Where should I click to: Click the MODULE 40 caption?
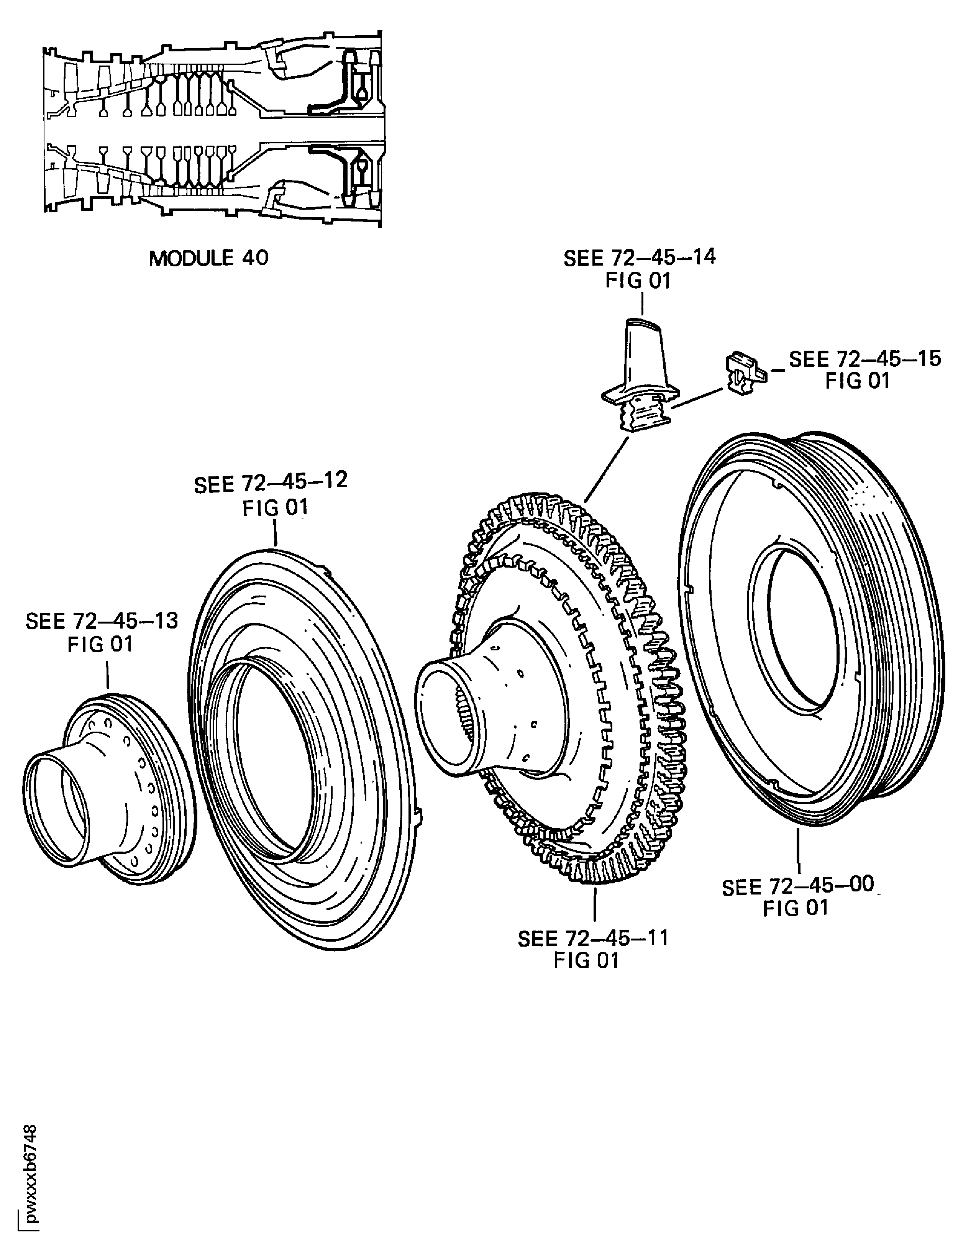(x=209, y=258)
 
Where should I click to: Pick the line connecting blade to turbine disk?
(x=607, y=468)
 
